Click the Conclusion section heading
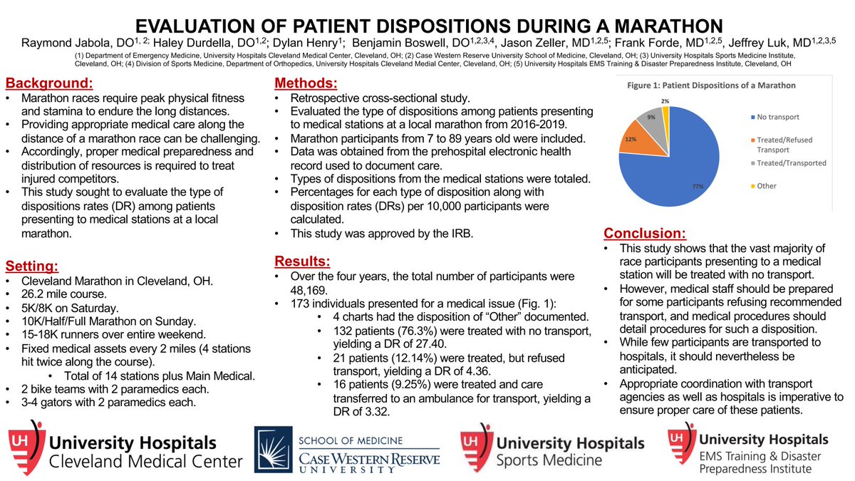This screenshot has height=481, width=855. tap(645, 233)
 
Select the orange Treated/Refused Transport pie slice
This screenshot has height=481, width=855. tap(636, 141)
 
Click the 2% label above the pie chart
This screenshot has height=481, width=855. tap(665, 100)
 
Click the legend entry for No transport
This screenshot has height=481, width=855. tap(770, 117)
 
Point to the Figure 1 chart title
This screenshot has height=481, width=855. tap(710, 85)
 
